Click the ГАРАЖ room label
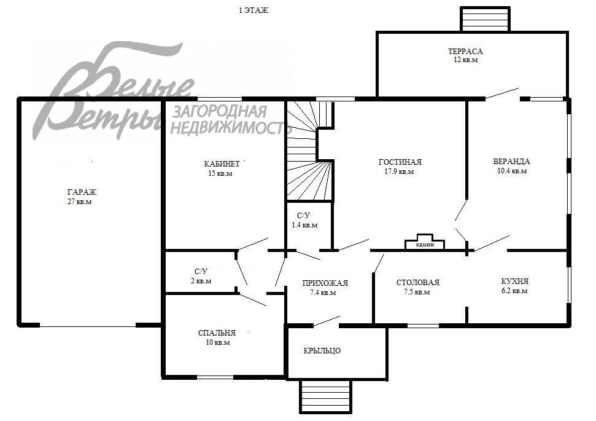(82, 192)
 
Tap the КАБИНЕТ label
(222, 163)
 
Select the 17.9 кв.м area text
(399, 171)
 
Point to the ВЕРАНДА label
(512, 162)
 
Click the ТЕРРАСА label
(465, 51)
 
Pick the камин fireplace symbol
(425, 243)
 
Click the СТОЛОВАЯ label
(418, 283)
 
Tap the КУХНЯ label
(514, 281)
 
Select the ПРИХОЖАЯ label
(325, 283)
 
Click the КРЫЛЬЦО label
(322, 350)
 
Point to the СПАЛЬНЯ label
(217, 332)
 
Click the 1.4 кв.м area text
(304, 225)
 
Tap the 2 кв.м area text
(201, 281)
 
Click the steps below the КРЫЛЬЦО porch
(326, 396)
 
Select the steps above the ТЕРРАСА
(485, 18)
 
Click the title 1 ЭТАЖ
(253, 10)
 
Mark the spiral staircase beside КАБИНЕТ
(310, 151)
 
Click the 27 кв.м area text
(79, 202)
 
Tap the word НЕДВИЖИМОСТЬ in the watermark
(228, 128)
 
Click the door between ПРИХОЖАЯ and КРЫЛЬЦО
(327, 321)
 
